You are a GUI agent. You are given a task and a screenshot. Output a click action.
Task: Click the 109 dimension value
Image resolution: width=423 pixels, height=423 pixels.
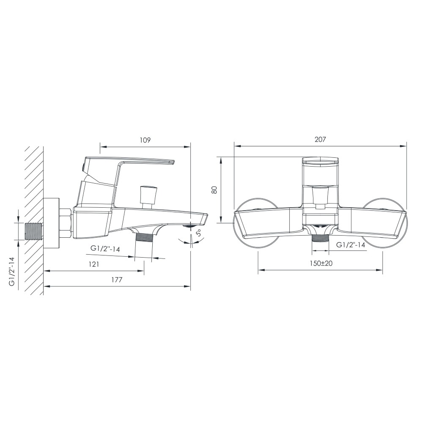(145, 140)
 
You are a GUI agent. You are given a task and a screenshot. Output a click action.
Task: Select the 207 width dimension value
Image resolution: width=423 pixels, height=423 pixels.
(320, 140)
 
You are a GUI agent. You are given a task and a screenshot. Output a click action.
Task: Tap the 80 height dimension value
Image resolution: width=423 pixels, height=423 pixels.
(214, 190)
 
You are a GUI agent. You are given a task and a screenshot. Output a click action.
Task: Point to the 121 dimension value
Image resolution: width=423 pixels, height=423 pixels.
(93, 264)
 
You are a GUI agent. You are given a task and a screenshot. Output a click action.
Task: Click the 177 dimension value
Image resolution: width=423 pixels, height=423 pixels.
(117, 280)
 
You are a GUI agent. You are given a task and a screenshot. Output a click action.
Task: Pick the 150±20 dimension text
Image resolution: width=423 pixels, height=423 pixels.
(321, 263)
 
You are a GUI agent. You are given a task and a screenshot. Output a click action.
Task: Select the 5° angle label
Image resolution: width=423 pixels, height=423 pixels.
(199, 233)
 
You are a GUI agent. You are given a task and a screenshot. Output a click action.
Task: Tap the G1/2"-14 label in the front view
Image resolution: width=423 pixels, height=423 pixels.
(351, 245)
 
